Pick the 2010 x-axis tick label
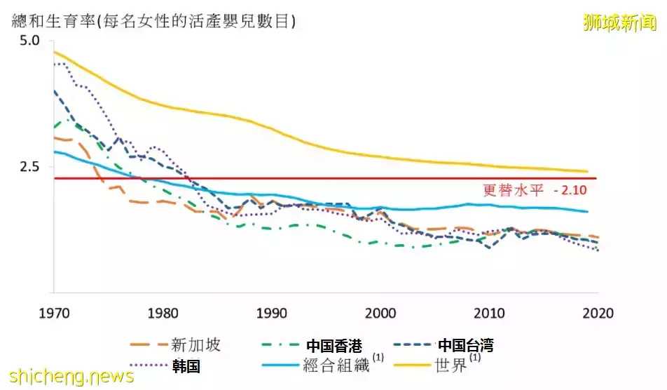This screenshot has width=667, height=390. click(x=489, y=314)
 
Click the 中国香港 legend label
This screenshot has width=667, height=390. click(x=334, y=345)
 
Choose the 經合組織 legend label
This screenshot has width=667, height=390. click(x=332, y=365)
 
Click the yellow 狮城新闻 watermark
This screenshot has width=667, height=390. click(x=621, y=22)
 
